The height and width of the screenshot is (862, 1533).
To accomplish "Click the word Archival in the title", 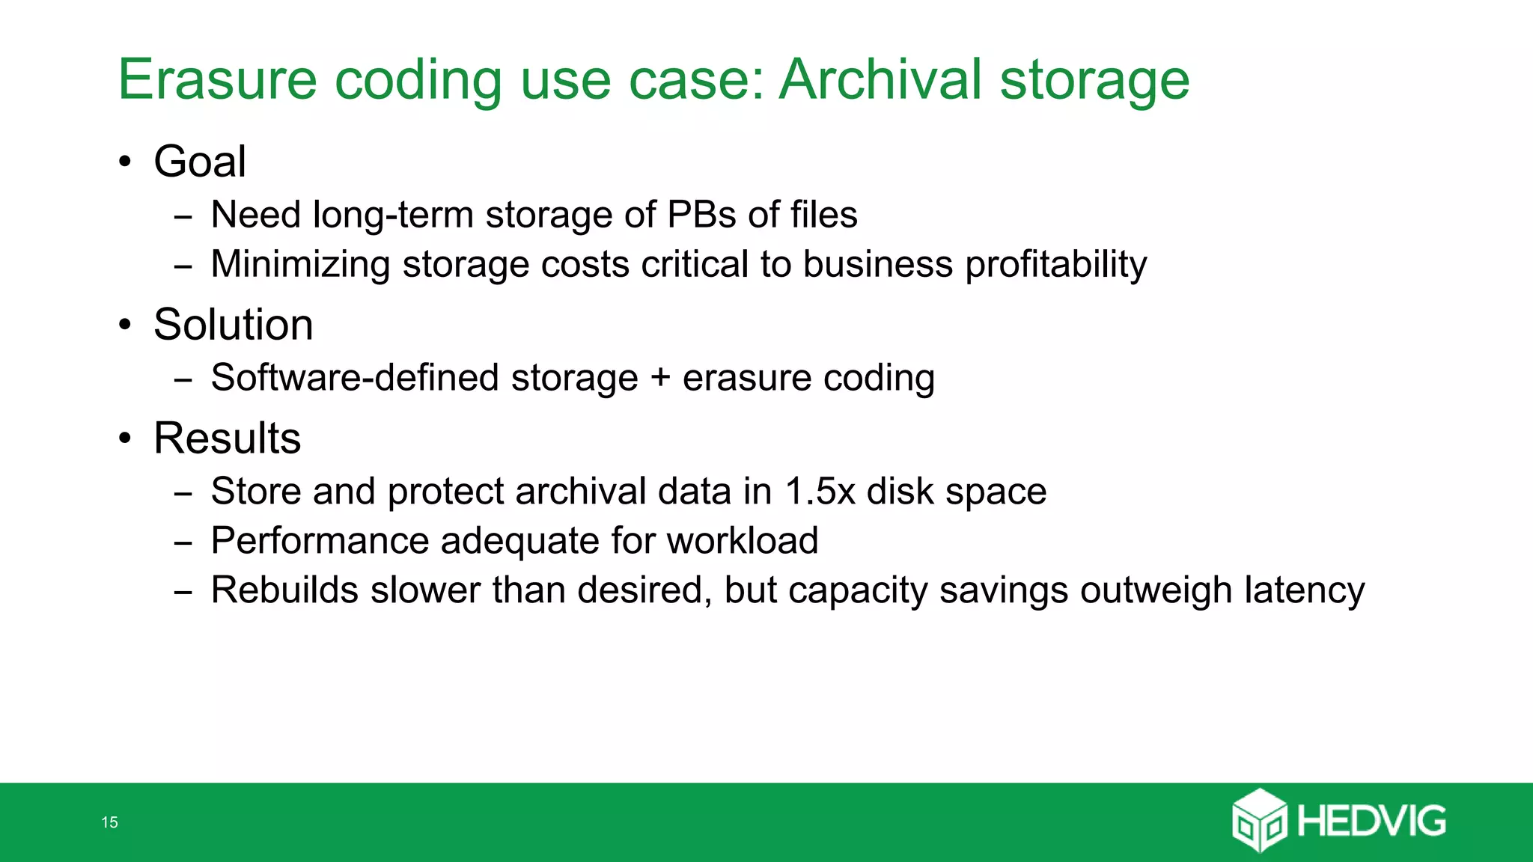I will click(880, 79).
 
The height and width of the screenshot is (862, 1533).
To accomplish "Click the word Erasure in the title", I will click(217, 79).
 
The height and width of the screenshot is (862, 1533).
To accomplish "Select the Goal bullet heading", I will click(200, 162).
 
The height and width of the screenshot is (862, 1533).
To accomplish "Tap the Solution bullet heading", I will click(234, 325).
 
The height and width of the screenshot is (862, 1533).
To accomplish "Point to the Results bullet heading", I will click(228, 438).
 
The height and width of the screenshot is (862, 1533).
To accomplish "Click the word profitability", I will click(1055, 265).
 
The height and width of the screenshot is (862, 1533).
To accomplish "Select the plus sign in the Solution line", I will click(660, 377).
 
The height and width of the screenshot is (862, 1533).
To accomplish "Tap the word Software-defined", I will click(355, 377).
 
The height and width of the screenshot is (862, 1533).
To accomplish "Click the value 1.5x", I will click(820, 492).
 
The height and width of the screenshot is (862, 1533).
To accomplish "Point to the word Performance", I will click(319, 541).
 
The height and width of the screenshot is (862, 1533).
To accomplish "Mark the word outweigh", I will click(1156, 590).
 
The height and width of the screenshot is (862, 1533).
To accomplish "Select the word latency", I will click(1304, 590).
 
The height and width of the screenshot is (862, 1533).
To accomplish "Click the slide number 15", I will click(109, 822).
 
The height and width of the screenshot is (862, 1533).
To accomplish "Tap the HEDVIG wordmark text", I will click(1371, 822).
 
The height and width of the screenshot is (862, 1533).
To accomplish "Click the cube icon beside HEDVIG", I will click(1259, 821).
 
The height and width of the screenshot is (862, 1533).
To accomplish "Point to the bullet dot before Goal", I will click(125, 162).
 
